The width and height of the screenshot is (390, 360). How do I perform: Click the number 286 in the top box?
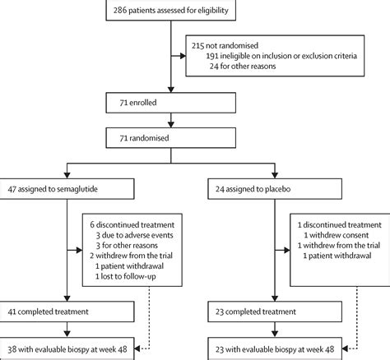click(x=120, y=11)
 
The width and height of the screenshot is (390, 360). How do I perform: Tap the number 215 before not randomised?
click(x=197, y=45)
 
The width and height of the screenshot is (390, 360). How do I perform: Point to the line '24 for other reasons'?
click(x=243, y=66)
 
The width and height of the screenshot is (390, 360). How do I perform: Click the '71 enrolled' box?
click(x=171, y=103)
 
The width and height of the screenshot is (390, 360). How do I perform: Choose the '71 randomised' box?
click(x=171, y=138)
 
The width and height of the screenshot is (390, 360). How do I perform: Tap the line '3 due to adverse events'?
click(x=134, y=235)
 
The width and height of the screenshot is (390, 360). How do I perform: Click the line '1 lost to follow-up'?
click(x=126, y=276)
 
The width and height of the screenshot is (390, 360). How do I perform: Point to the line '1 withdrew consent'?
click(x=337, y=235)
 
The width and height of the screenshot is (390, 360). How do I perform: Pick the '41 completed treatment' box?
click(x=67, y=312)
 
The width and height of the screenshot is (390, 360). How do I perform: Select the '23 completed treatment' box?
click(x=275, y=312)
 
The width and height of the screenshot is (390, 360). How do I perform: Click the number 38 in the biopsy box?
click(x=12, y=349)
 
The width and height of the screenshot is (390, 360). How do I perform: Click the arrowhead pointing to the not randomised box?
click(x=183, y=56)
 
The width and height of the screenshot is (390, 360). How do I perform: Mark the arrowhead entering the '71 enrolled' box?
click(x=171, y=90)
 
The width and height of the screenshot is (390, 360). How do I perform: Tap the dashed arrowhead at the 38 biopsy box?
click(x=137, y=348)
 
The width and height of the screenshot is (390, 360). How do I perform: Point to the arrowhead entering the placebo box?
click(x=275, y=175)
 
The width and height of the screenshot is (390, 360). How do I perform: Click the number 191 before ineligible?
click(x=212, y=56)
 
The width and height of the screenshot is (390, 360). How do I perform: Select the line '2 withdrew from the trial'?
click(x=131, y=256)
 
